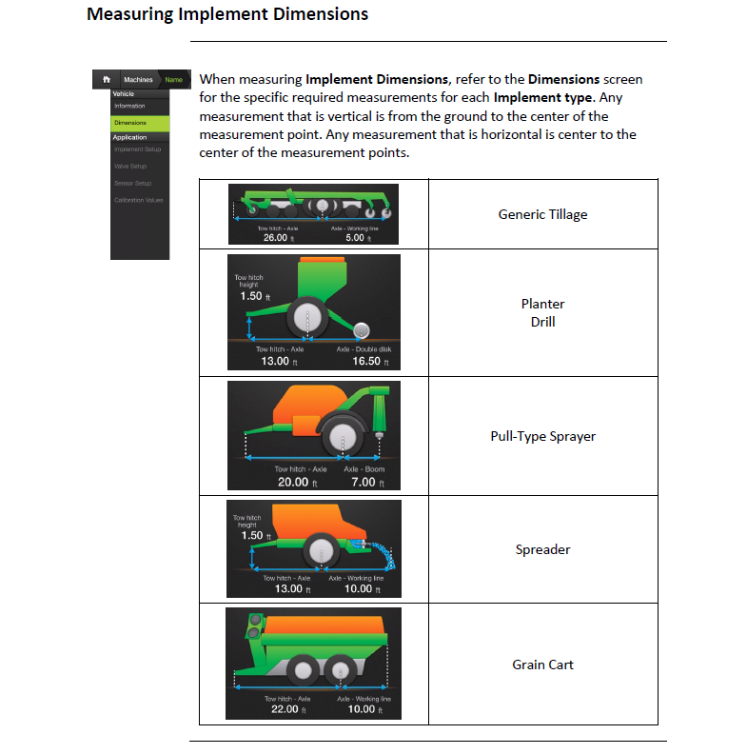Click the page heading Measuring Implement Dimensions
pos(227,15)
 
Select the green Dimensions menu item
pos(130,123)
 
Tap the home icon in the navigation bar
pos(107,80)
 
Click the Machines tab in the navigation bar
pos(138,80)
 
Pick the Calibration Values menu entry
pos(138,200)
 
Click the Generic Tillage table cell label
pos(542,214)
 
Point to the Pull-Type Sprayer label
pos(542,436)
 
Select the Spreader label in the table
pos(542,549)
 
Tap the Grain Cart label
pos(542,665)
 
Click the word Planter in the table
pos(542,304)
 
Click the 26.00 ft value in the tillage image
pos(274,238)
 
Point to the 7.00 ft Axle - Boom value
pos(363,482)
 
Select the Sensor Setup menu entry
pos(132,183)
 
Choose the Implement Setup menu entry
pos(137,149)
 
